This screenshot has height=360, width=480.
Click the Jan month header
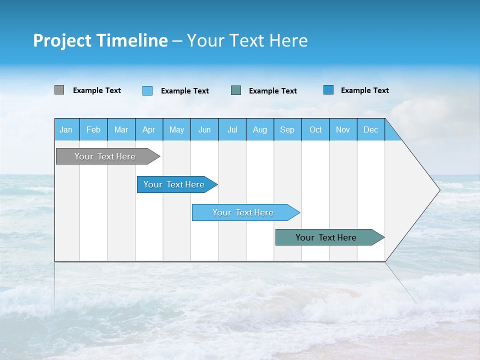pos(66,129)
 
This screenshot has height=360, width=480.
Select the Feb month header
pos(93,129)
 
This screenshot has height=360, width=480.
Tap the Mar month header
pos(121,129)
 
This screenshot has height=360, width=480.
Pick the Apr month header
pos(149,129)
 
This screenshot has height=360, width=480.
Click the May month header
pos(176,129)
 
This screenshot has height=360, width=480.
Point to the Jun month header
pos(204,129)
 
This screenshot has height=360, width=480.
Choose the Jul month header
pos(232,129)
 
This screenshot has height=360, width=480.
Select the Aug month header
pos(260,129)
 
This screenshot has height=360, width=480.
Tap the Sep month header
pos(287,129)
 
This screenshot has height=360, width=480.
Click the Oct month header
pos(315,129)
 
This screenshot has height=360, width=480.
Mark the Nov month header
pos(343,129)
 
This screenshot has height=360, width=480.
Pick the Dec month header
pos(371,129)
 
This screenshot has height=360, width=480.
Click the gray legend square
pos(59,90)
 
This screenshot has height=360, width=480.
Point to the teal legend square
pos(236,90)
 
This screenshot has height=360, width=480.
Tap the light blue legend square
pos(147,90)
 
